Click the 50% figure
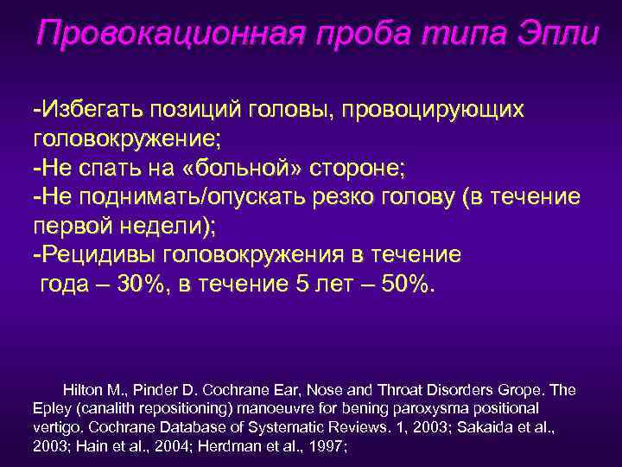click(x=406, y=284)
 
